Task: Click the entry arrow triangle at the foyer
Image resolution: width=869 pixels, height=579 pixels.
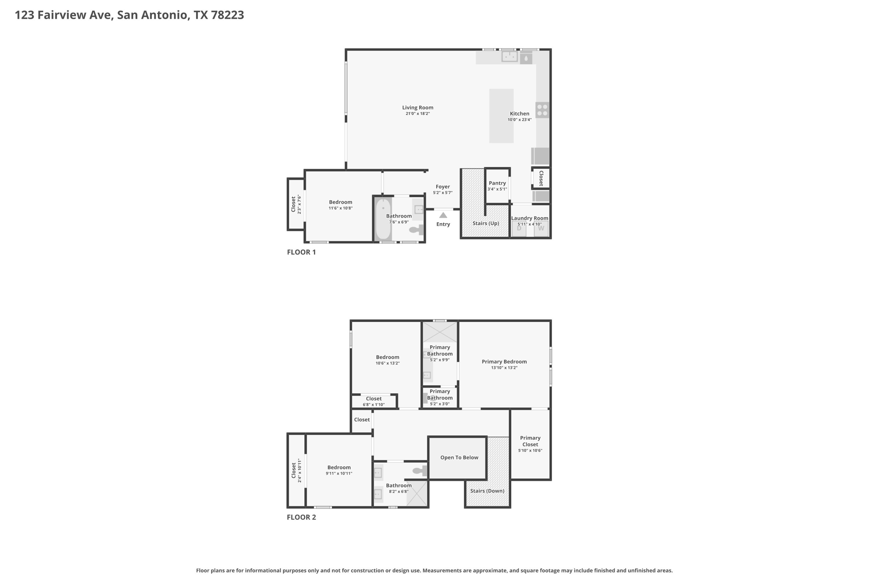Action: pyautogui.click(x=443, y=215)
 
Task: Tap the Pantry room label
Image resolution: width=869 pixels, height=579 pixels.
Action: pyautogui.click(x=497, y=183)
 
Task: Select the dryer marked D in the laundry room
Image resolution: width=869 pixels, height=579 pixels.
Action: pyautogui.click(x=519, y=229)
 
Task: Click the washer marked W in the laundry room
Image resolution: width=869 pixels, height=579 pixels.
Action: pyautogui.click(x=541, y=229)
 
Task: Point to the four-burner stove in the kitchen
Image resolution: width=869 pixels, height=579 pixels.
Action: pyautogui.click(x=542, y=110)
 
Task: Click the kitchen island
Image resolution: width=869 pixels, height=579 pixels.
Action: pyautogui.click(x=502, y=116)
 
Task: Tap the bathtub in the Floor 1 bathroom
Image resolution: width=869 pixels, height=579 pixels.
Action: pyautogui.click(x=383, y=219)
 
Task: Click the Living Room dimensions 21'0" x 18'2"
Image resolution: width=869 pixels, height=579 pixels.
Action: pyautogui.click(x=418, y=114)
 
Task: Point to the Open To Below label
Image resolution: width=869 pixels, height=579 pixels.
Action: pyautogui.click(x=459, y=457)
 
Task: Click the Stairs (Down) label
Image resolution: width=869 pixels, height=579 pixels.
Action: pyautogui.click(x=487, y=491)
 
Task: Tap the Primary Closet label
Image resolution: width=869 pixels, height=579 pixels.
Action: pyautogui.click(x=530, y=441)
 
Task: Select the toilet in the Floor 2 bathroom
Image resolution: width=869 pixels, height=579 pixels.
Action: pyautogui.click(x=420, y=470)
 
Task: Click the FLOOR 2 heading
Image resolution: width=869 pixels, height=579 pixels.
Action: pyautogui.click(x=301, y=517)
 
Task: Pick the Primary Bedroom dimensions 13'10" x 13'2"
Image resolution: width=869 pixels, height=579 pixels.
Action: pyautogui.click(x=504, y=368)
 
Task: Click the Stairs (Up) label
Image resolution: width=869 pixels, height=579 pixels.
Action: pyautogui.click(x=486, y=223)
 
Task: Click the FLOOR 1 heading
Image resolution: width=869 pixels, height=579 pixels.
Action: pyautogui.click(x=301, y=252)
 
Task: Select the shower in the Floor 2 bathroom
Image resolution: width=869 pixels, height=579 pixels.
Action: pyautogui.click(x=417, y=493)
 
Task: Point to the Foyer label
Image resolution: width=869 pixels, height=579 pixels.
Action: pyautogui.click(x=443, y=187)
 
